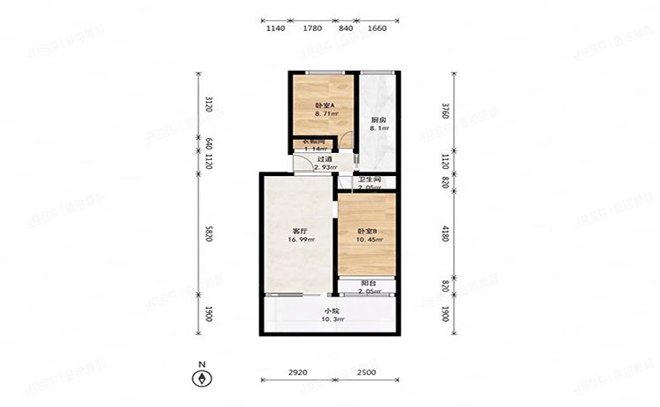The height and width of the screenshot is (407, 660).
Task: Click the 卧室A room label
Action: [x=324, y=105]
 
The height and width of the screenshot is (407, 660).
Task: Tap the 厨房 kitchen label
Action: [x=378, y=119]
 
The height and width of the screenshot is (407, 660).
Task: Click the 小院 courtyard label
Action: [x=330, y=310]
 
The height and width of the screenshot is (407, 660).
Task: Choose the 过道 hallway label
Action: [x=311, y=159]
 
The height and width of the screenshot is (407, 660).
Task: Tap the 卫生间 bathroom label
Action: [x=369, y=180]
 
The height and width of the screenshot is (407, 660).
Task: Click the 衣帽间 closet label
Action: [x=316, y=141]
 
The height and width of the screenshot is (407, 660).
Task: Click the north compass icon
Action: [x=203, y=378]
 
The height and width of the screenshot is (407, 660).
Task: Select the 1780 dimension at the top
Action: [x=311, y=28]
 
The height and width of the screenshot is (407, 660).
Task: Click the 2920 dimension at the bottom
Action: [x=297, y=372]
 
